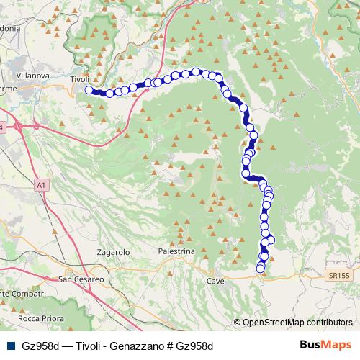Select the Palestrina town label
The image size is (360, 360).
click(x=176, y=251)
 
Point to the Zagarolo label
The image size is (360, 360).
click(x=112, y=253)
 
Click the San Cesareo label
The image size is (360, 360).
click(x=81, y=279)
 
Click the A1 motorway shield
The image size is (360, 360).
click(x=42, y=185)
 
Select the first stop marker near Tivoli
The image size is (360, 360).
click(x=89, y=90)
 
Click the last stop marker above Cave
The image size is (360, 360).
click(x=261, y=269)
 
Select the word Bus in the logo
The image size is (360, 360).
click(x=310, y=345)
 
